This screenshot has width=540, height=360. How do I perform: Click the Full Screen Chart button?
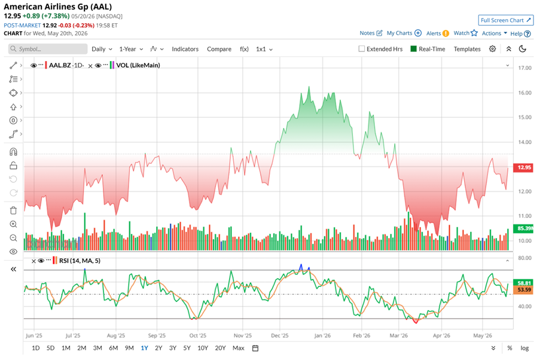tap(505, 20)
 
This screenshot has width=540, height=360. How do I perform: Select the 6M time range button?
tap(113, 348)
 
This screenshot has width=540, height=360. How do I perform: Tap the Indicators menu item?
tap(185, 49)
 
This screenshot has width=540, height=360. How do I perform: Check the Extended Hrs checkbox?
tap(361, 49)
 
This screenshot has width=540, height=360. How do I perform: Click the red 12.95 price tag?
tap(523, 167)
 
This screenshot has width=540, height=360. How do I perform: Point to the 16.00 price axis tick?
tap(524, 93)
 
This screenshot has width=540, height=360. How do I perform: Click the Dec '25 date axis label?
tap(280, 335)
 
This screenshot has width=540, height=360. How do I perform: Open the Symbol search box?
tap(48, 49)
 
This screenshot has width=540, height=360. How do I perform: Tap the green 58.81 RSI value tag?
tap(523, 283)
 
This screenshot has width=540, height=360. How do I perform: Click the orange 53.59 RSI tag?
tap(523, 290)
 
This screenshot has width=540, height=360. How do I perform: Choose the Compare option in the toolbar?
tap(219, 49)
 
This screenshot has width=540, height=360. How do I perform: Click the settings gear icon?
tap(493, 49)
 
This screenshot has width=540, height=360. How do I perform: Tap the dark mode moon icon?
tap(523, 49)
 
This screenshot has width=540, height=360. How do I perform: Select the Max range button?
tap(239, 348)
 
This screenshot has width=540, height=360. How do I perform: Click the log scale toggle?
tap(524, 348)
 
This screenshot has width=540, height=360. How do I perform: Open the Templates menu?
tap(467, 49)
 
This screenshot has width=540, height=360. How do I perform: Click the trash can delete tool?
tap(13, 210)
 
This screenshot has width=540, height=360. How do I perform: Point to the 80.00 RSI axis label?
tap(524, 258)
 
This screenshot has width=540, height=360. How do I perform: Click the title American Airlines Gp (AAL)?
tap(58, 7)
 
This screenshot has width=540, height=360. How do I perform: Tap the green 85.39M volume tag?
tap(523, 228)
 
